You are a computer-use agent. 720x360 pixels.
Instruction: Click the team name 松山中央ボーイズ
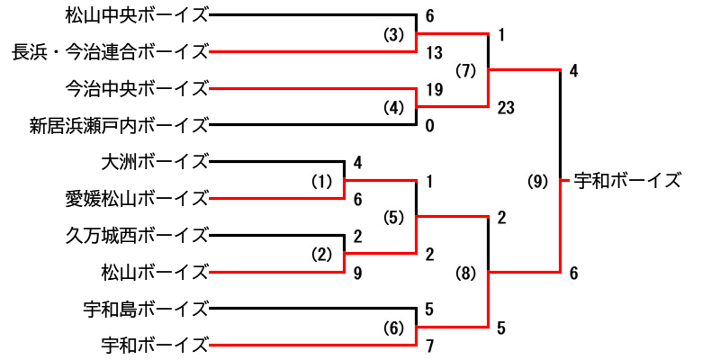coord(137,15)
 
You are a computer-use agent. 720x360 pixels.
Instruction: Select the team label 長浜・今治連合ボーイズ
coord(110,52)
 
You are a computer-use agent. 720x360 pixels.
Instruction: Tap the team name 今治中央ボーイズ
coord(137,88)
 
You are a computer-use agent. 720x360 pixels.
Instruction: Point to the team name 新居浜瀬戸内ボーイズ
coord(119,125)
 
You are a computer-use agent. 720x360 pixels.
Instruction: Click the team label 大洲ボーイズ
coord(155,162)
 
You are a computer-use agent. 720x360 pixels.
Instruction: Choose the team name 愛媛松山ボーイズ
coord(137,198)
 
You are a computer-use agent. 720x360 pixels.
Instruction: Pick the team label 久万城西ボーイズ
coord(137,236)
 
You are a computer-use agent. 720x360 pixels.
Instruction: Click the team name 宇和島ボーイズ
coord(146,308)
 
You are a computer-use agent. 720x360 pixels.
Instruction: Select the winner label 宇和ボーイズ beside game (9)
coord(627,180)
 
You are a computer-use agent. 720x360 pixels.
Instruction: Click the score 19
coord(435,89)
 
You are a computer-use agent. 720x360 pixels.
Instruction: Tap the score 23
coord(507,107)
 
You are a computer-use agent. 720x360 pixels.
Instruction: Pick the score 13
coord(435,52)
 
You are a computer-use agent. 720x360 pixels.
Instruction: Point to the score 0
coord(430,126)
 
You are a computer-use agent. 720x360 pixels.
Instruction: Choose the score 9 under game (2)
coord(358,272)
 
